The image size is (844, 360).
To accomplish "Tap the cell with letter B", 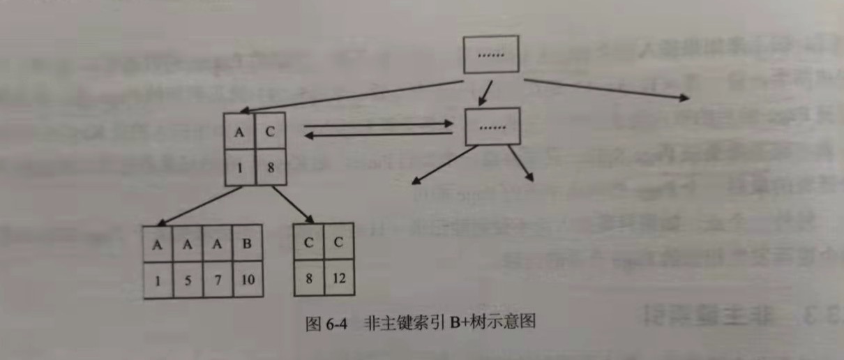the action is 247,243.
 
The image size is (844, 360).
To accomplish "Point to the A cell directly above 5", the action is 188,243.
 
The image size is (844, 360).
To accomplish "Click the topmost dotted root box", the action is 492,54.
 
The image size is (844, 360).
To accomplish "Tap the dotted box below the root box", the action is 492,127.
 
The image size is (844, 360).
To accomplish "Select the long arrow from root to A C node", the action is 356,96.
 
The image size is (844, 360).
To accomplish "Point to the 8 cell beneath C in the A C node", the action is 271,167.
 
